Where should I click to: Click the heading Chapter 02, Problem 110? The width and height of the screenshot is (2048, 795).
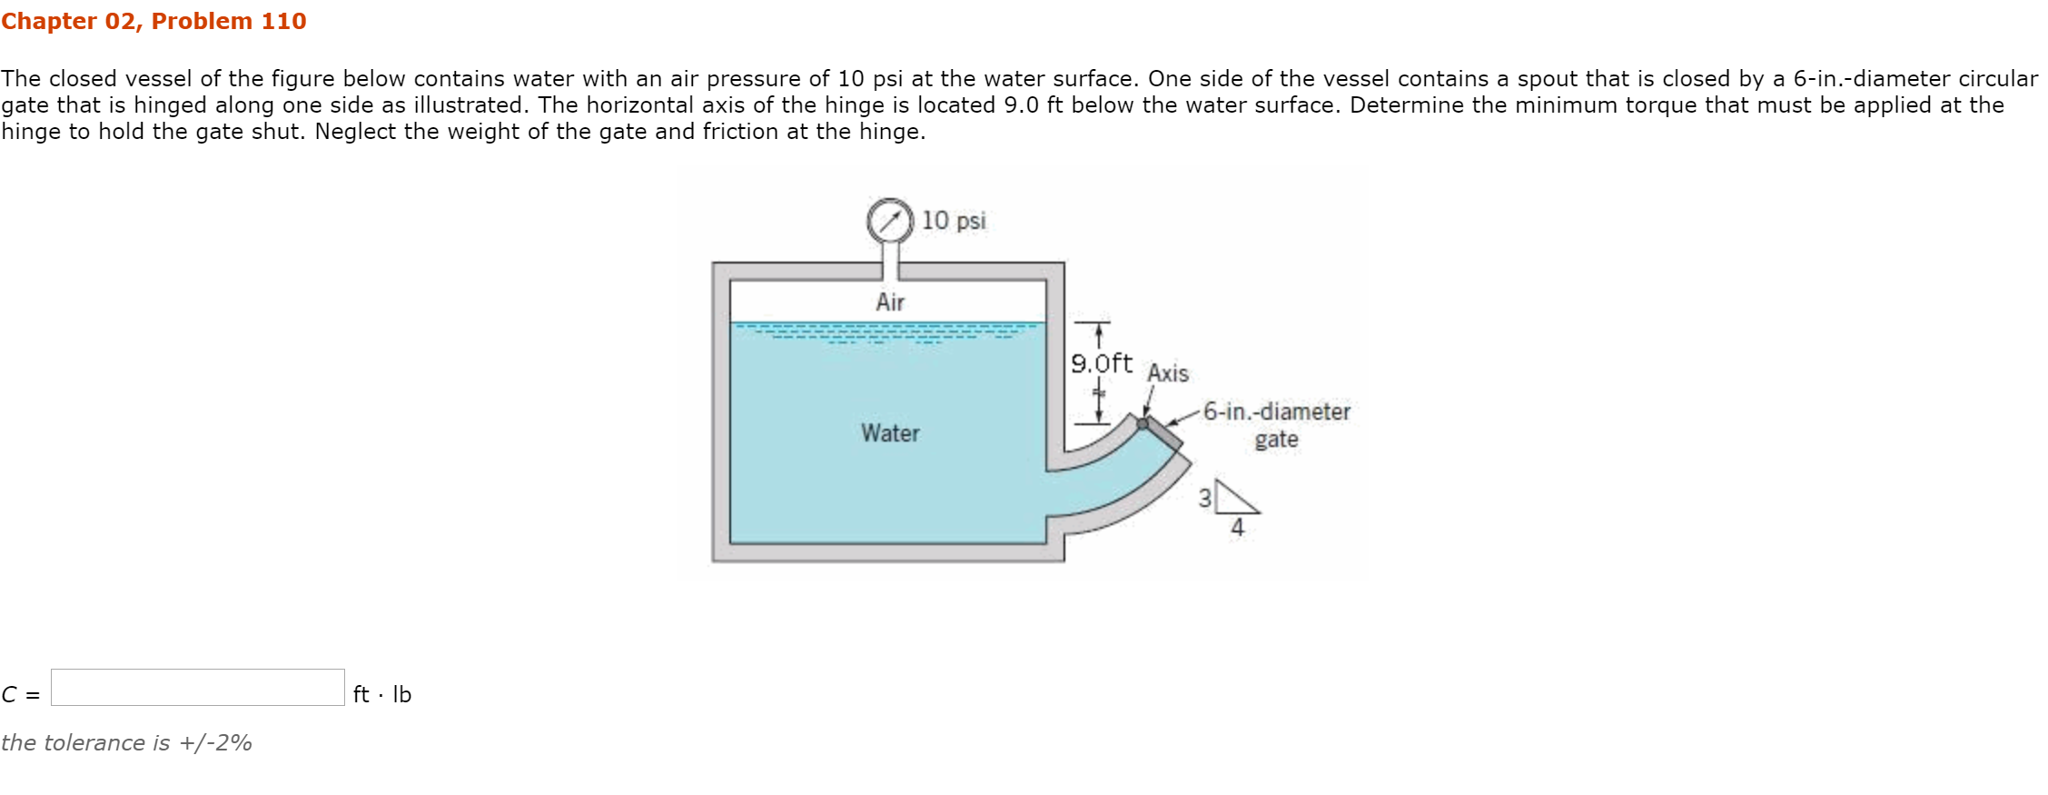(153, 21)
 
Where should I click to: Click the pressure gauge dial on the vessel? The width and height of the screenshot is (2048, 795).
(889, 220)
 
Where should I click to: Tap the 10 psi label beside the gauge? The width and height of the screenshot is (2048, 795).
(954, 221)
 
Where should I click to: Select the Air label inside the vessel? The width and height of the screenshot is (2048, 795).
(890, 302)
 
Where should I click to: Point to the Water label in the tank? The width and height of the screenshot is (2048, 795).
(890, 433)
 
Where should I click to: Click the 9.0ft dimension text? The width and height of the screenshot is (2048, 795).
(1102, 363)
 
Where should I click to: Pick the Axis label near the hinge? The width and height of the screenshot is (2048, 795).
(1167, 373)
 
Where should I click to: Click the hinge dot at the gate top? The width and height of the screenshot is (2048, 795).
(1143, 423)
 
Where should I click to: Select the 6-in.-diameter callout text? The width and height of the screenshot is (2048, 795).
(1276, 412)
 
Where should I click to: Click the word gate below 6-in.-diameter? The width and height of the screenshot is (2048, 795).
(1276, 440)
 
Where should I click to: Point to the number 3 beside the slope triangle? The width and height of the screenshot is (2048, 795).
(1204, 498)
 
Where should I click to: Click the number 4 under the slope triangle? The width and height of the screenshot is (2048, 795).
(1237, 527)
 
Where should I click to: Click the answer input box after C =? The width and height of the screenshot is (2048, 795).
(198, 688)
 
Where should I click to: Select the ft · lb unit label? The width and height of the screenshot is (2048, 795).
(382, 695)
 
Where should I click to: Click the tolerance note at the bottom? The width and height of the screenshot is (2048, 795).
(126, 743)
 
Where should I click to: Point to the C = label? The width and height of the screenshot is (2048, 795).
(21, 695)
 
